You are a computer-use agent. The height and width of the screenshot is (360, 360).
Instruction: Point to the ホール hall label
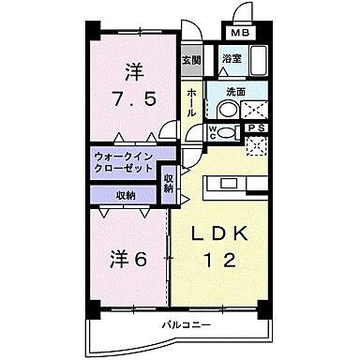190,101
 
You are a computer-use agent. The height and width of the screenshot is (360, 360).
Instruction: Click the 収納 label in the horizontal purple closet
126,194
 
